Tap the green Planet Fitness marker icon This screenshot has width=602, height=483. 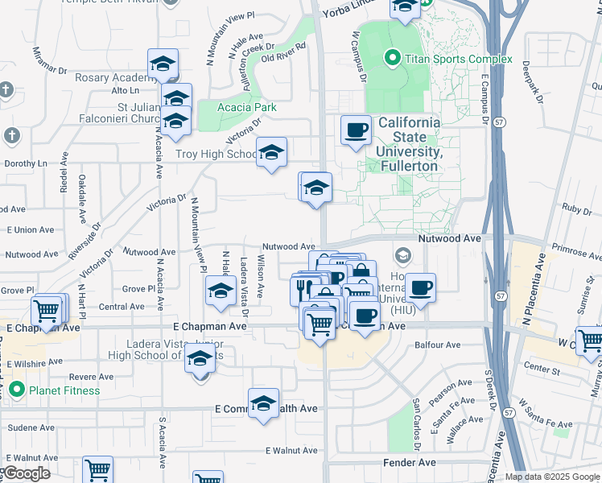pos(17,391)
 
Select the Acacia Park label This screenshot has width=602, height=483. pos(248,107)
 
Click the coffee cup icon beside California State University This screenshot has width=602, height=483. pos(356,130)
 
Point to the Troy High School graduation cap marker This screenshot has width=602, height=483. pos(272,151)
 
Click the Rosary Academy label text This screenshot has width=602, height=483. pos(114,77)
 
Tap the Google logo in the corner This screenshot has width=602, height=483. pos(27,473)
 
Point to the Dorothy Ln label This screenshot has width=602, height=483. pos(27,163)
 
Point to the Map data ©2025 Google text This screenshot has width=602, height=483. pos(551,477)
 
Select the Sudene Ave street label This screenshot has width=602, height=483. pos(28,428)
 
